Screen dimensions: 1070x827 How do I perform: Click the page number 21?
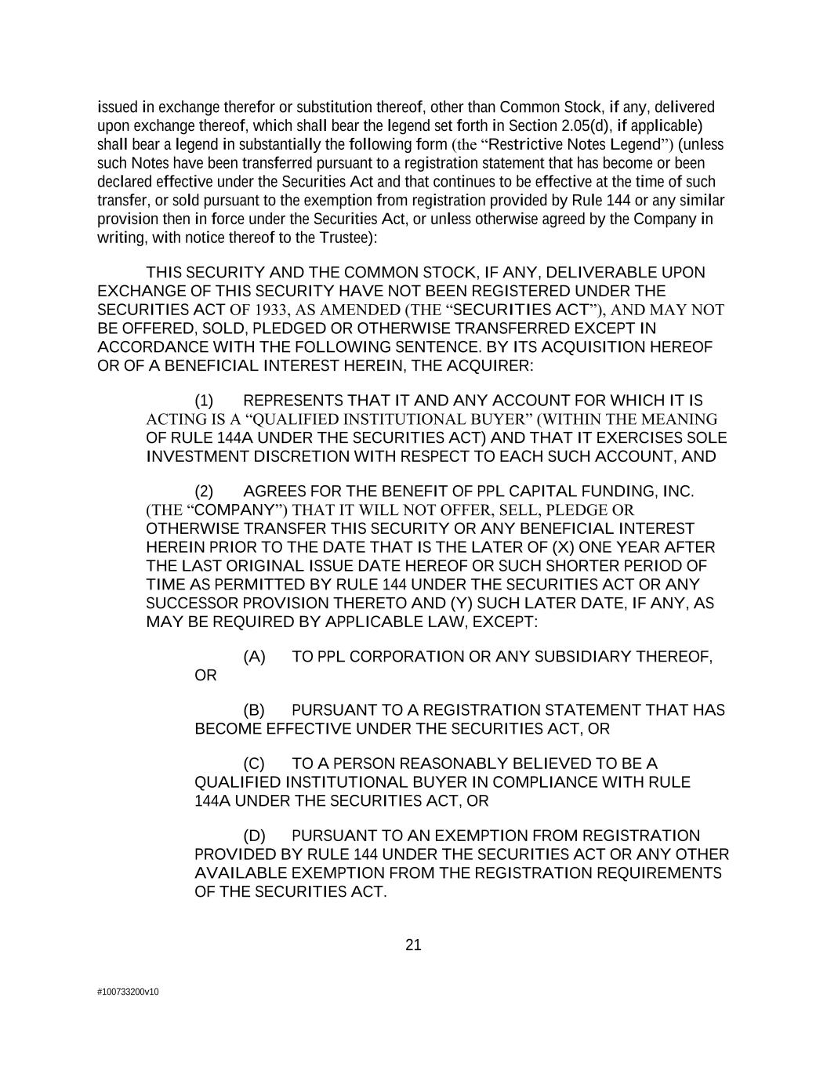tap(413, 945)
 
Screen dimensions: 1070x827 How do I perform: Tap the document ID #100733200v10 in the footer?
tap(128, 992)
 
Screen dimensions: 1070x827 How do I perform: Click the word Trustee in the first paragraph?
tap(342, 237)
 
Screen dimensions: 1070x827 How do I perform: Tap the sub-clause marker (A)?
tap(254, 656)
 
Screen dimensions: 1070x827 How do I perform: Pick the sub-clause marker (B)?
tap(254, 710)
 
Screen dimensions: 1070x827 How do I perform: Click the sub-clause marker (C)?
tap(254, 764)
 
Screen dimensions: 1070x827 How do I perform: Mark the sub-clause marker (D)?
tap(254, 836)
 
